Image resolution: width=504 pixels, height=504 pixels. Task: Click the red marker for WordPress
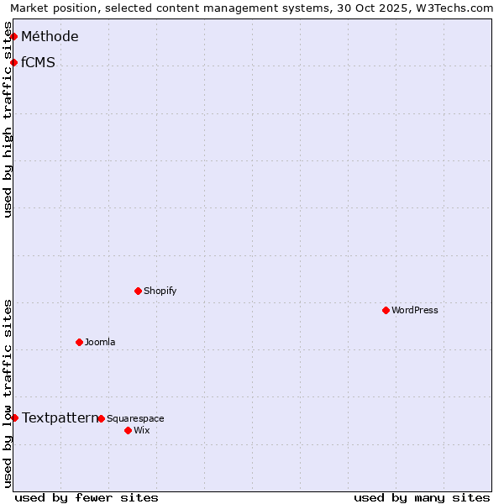click(386, 310)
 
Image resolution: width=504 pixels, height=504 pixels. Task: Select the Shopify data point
click(138, 291)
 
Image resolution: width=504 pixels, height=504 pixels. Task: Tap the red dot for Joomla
click(79, 342)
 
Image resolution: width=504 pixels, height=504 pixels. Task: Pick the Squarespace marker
click(101, 418)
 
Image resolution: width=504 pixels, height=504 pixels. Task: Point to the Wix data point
click(128, 430)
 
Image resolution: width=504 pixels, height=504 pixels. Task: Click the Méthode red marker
click(13, 36)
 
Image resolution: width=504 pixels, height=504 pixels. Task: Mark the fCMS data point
click(13, 62)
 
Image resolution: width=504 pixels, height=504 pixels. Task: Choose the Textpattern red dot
click(14, 417)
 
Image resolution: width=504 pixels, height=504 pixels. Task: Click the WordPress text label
click(415, 310)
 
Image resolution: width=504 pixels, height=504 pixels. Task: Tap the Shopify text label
click(160, 291)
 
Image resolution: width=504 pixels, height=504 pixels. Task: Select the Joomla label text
click(100, 342)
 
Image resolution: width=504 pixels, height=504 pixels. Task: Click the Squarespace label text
click(135, 418)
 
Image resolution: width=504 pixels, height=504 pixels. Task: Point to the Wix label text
click(141, 430)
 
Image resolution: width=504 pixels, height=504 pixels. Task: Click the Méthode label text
click(50, 36)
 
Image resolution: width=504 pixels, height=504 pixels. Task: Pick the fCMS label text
click(38, 62)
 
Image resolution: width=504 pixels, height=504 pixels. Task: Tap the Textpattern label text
click(60, 417)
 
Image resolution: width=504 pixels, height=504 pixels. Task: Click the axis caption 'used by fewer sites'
click(87, 497)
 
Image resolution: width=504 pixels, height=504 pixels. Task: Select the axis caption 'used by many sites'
click(422, 497)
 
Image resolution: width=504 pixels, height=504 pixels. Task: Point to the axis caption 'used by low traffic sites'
click(8, 393)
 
